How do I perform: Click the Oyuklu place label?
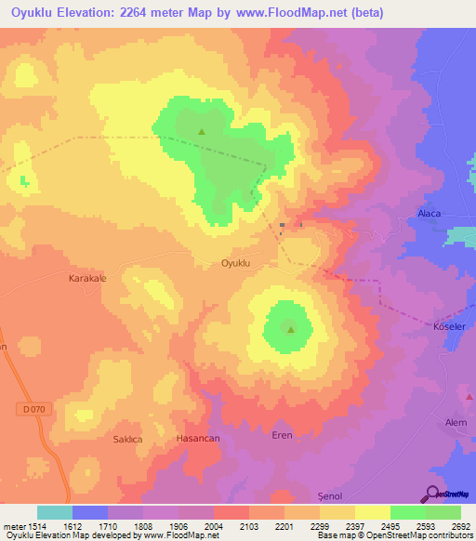coord(236,264)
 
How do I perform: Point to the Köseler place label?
coord(450,325)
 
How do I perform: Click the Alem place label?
coord(456,422)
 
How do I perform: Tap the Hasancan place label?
coord(197,437)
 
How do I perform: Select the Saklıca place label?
coord(127,439)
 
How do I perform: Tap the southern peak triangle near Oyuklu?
coord(290,328)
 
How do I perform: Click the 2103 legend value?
coord(248,526)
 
